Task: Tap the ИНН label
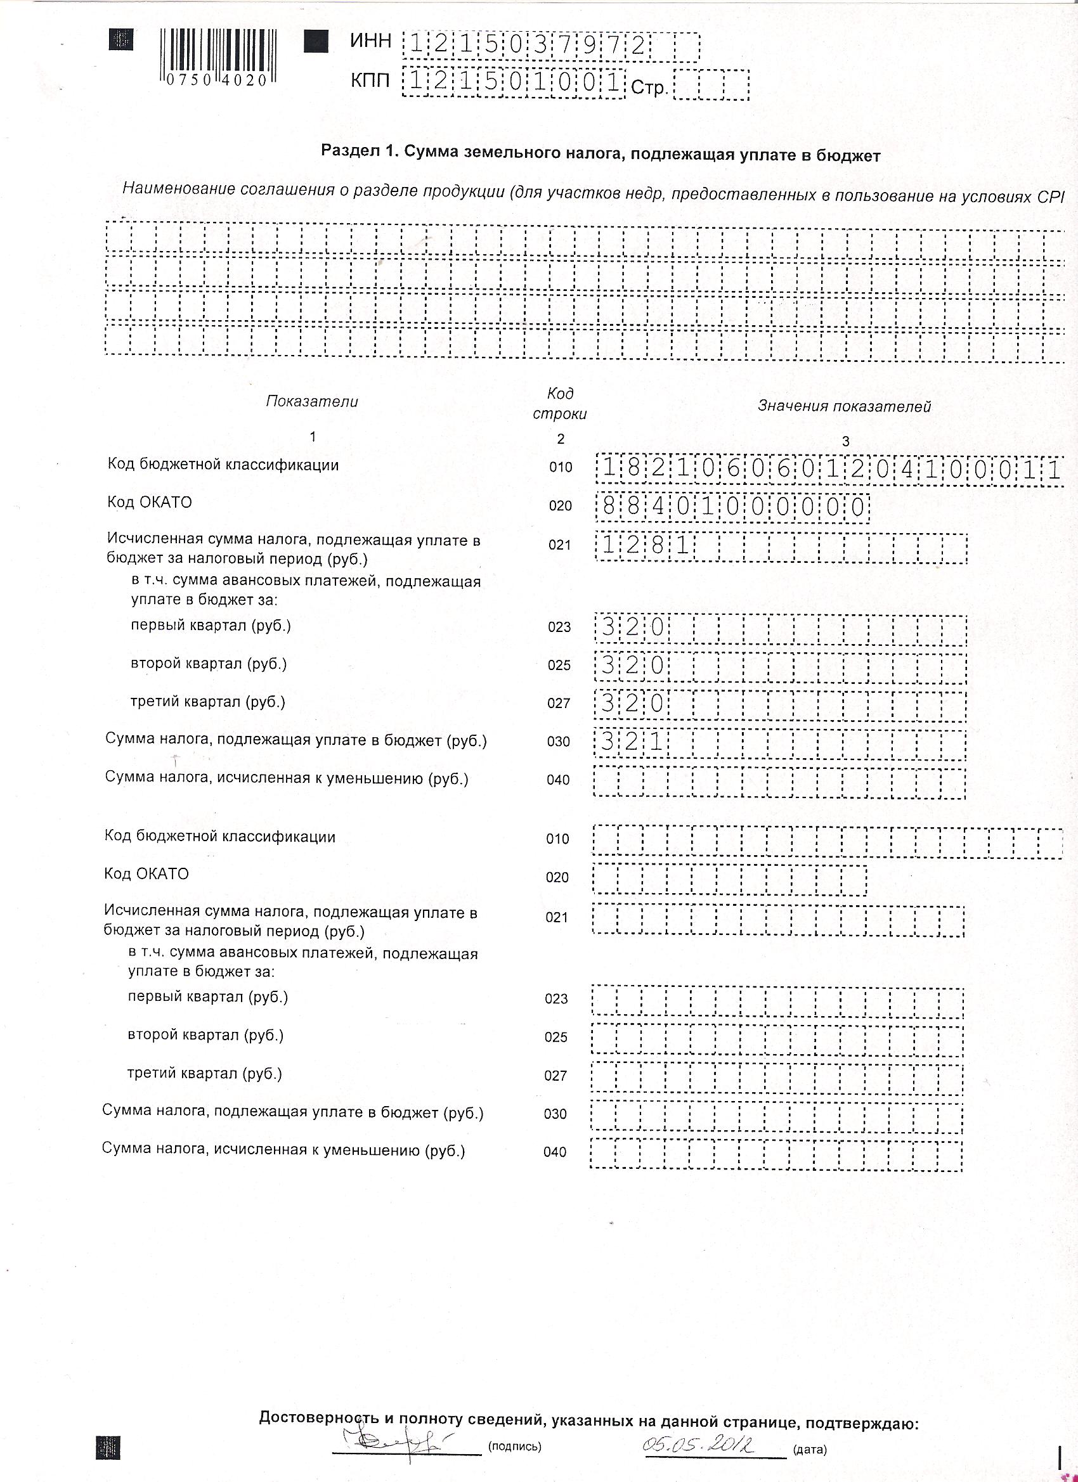371,41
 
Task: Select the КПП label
370,81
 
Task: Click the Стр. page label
649,87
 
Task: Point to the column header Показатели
312,401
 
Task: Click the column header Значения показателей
844,406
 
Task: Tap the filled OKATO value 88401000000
732,507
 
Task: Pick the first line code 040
558,780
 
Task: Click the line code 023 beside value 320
559,628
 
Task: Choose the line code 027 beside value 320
559,703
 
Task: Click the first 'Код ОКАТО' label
150,503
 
